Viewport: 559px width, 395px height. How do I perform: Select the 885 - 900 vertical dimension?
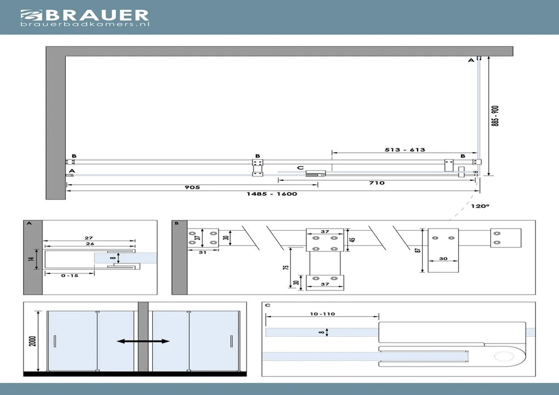pos(495,116)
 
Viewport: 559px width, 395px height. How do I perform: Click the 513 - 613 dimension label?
pos(405,150)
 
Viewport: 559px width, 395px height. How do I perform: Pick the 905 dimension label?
pos(192,187)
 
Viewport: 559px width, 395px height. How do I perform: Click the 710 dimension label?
pos(377,183)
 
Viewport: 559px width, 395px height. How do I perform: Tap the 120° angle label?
pos(480,207)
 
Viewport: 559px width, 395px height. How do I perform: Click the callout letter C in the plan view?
pos(300,168)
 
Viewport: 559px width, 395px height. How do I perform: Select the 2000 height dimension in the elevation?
pos(33,341)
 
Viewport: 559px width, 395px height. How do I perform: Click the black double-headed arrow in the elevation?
pos(143,341)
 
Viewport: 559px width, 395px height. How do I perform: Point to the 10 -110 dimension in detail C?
pos(322,314)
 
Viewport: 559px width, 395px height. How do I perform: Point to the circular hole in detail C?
pos(503,357)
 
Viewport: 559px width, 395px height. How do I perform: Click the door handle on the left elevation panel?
pos(55,342)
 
